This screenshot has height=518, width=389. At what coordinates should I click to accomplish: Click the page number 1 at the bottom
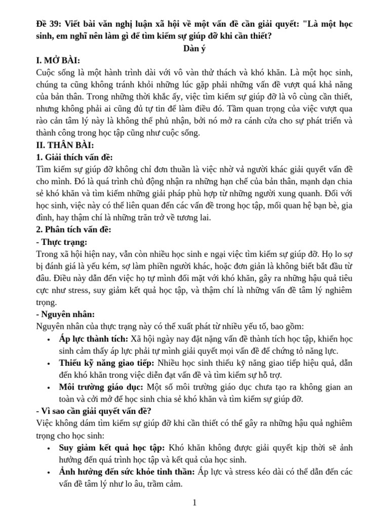tap(194, 502)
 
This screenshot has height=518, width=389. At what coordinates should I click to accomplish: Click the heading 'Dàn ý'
tap(194, 49)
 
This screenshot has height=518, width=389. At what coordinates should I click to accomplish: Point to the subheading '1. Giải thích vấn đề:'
tap(75, 157)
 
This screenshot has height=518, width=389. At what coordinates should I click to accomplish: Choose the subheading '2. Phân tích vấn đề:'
tap(74, 229)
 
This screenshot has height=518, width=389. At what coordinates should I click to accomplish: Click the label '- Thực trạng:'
tap(62, 241)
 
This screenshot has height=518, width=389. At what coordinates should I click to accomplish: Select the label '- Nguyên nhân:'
tap(66, 314)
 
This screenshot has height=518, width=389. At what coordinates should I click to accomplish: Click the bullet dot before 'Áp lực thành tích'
tap(48, 339)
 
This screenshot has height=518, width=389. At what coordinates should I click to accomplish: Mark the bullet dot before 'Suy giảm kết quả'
tap(48, 448)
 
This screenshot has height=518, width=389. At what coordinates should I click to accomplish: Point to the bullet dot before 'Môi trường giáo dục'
tap(48, 388)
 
